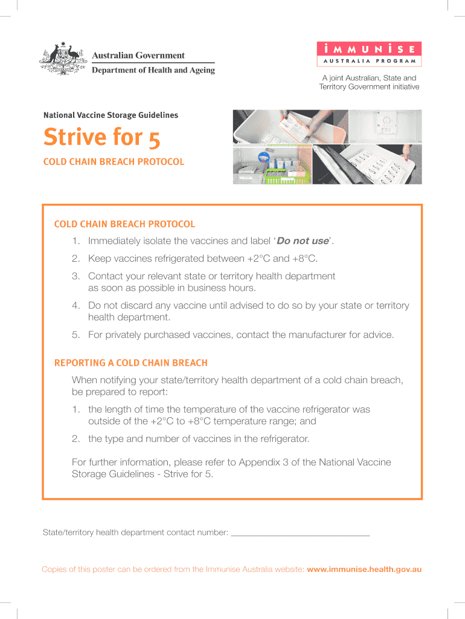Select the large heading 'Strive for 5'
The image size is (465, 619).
coord(101,138)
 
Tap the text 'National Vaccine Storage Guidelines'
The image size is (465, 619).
coord(111,115)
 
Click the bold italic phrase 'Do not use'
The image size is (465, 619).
coord(303,241)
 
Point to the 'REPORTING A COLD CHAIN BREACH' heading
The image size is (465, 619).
coord(131,363)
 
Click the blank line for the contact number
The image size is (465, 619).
coord(300,534)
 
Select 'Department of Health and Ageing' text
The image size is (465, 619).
coord(153,70)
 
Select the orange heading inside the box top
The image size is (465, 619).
coord(124,224)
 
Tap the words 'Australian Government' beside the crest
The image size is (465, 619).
coord(138,56)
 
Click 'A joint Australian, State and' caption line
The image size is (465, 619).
coord(369,78)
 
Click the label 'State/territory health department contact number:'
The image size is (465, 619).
coord(135,533)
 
